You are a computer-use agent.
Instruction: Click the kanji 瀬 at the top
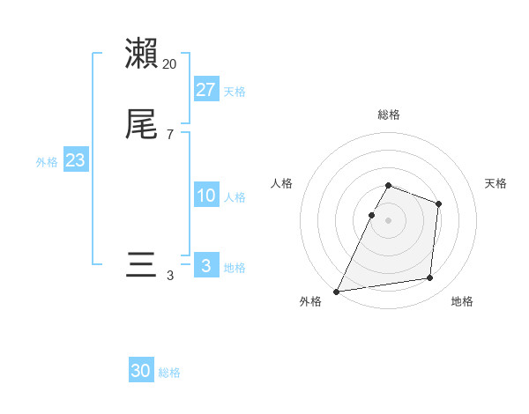(141, 54)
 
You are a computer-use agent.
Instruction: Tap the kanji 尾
(141, 125)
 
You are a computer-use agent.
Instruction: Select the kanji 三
(141, 265)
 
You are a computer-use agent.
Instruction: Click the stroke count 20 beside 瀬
(170, 64)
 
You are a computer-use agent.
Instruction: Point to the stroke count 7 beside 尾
(170, 135)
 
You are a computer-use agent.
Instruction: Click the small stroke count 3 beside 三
(170, 276)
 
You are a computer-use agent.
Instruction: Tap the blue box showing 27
(206, 90)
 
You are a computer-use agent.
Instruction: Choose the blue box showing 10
(206, 196)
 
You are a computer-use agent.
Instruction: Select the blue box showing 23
(76, 160)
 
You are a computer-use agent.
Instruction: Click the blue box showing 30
(141, 371)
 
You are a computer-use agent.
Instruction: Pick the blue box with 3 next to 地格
(206, 266)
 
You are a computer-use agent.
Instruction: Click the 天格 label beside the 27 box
(235, 92)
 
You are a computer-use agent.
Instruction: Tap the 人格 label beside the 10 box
(235, 197)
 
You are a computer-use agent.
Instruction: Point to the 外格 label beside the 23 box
(47, 162)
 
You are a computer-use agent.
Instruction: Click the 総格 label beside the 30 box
(169, 373)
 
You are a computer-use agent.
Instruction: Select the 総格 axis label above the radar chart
(389, 115)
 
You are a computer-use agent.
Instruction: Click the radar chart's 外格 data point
(337, 292)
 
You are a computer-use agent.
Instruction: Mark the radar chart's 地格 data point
(430, 278)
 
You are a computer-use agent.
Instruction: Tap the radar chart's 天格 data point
(438, 204)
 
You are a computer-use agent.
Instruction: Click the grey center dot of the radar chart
(389, 220)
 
